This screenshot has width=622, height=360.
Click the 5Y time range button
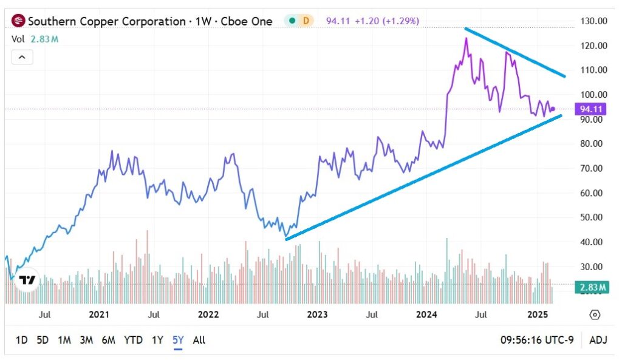(x=178, y=340)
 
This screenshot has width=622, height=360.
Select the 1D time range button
(x=22, y=340)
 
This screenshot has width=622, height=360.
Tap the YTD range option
(x=134, y=340)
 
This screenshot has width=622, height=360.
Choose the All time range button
(x=199, y=340)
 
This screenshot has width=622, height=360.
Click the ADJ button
(x=598, y=340)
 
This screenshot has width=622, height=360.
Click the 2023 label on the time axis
(x=317, y=314)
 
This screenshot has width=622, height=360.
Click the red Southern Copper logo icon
(x=19, y=21)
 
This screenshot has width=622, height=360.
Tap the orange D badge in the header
(x=306, y=21)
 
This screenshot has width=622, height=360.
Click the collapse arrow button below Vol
(x=21, y=58)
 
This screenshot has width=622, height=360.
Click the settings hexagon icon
(x=595, y=314)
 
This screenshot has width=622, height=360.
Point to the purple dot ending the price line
(x=553, y=109)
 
